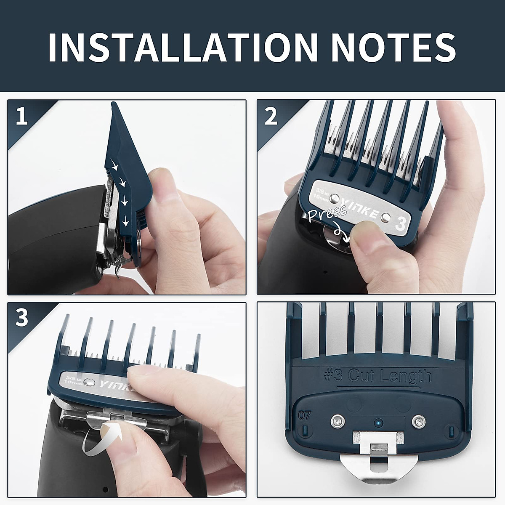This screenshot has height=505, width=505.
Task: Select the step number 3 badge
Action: [21, 318]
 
